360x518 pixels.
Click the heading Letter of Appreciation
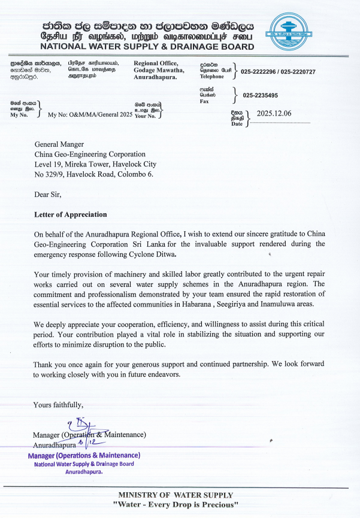[70, 214]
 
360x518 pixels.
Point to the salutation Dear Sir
[47, 194]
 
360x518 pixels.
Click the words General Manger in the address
[59, 144]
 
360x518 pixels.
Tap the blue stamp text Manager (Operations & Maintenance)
[84, 456]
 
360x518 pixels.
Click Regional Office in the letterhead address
[156, 63]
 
